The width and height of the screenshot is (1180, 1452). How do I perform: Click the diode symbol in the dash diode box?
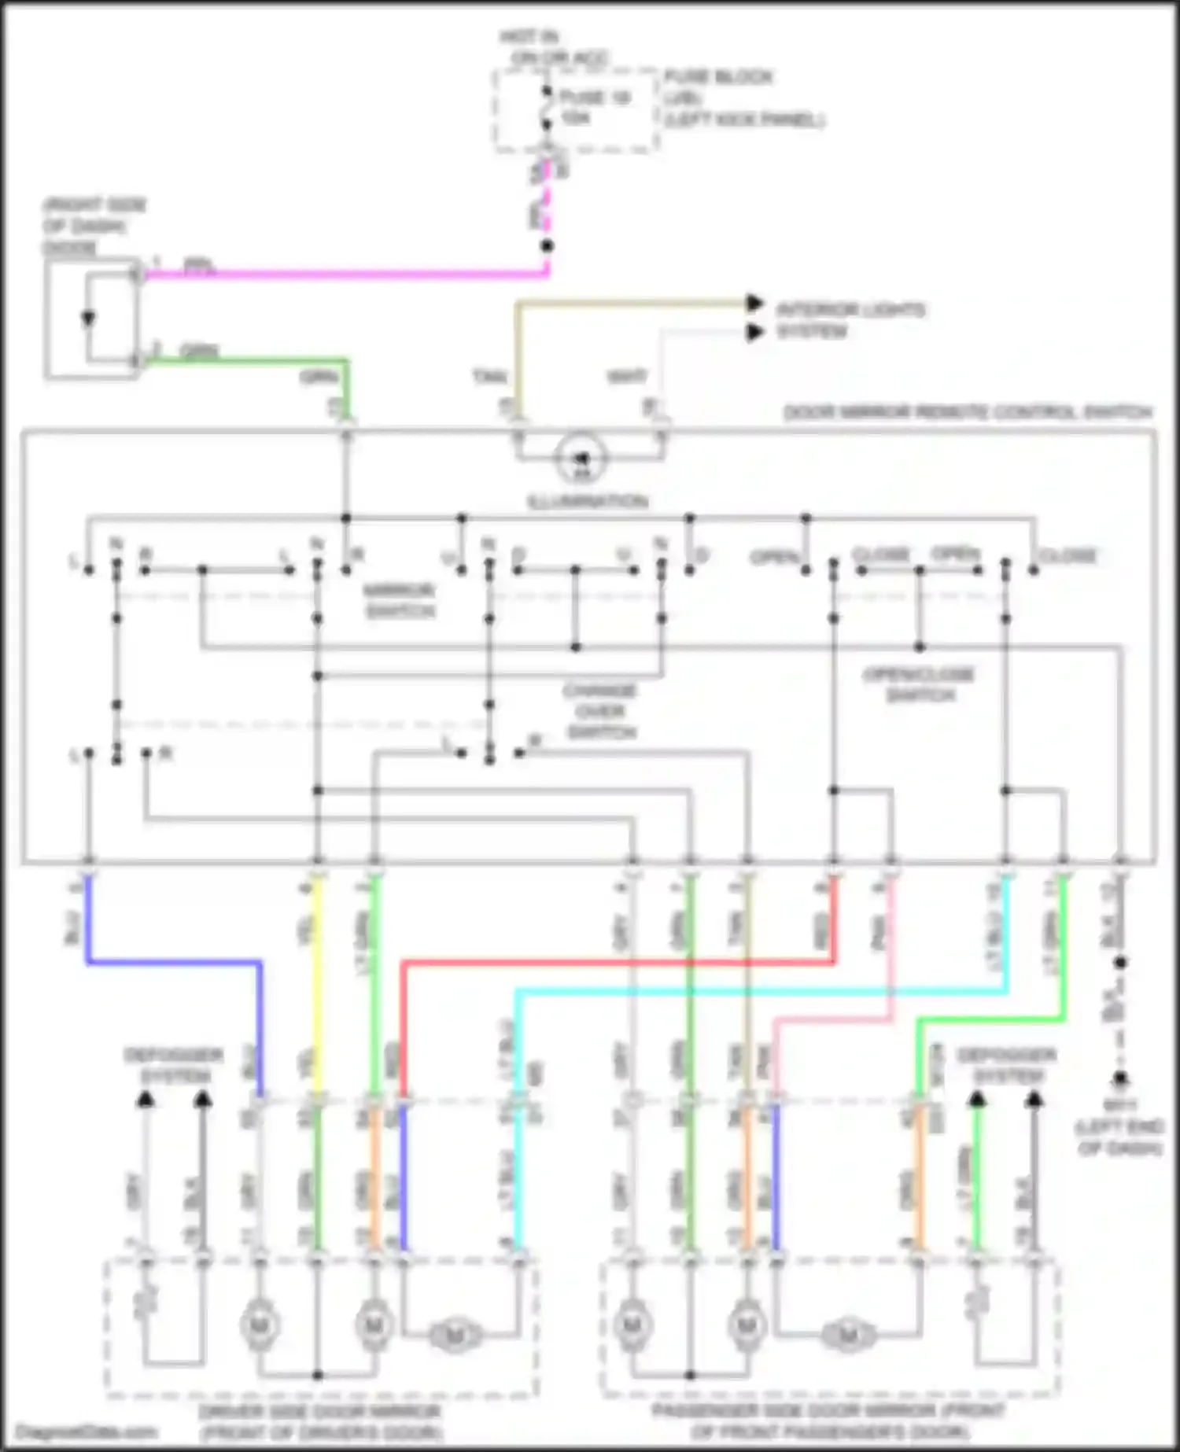[88, 319]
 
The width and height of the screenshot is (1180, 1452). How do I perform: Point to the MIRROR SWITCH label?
[399, 600]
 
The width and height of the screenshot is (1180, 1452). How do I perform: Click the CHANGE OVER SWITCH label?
[599, 711]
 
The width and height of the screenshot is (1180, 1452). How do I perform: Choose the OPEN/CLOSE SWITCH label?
[919, 684]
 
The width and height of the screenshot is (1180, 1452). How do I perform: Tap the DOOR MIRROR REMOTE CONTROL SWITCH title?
[968, 412]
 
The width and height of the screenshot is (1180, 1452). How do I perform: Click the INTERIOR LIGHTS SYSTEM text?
[850, 320]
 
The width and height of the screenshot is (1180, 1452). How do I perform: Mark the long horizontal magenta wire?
[338, 275]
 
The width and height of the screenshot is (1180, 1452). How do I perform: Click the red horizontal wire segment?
[614, 961]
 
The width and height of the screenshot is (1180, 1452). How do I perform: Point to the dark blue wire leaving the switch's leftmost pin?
[173, 961]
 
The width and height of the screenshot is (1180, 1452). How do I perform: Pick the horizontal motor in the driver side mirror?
[454, 1335]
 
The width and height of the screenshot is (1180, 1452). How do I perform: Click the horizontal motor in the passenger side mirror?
[847, 1335]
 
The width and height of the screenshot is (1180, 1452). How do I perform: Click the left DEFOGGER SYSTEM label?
[174, 1065]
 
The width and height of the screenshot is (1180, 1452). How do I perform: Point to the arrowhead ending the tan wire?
[755, 303]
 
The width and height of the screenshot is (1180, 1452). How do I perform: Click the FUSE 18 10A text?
[594, 107]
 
